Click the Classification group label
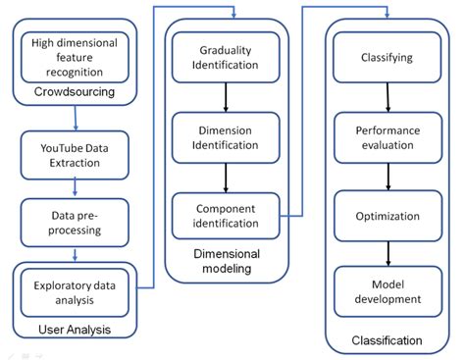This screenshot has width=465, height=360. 386,340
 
